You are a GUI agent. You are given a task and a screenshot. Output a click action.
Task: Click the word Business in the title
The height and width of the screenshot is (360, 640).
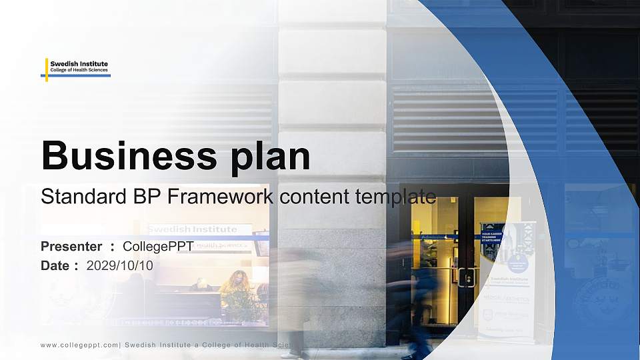(x=123, y=157)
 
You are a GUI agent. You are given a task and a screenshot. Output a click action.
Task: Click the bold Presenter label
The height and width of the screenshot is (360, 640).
(x=71, y=247)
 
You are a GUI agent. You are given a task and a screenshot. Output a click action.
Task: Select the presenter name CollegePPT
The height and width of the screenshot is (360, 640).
(x=158, y=247)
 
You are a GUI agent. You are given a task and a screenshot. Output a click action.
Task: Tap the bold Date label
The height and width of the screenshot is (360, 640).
(x=55, y=265)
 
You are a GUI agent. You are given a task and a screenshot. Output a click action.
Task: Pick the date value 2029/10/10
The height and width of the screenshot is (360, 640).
(x=120, y=265)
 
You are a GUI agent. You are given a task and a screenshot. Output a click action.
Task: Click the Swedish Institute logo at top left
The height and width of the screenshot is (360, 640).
(x=77, y=68)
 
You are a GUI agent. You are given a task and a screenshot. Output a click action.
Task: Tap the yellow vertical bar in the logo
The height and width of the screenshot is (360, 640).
(x=47, y=69)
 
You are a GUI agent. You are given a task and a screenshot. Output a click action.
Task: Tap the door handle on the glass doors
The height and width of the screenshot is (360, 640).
(x=466, y=277)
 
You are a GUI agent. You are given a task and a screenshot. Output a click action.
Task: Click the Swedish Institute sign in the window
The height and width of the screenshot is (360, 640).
(x=192, y=229)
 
